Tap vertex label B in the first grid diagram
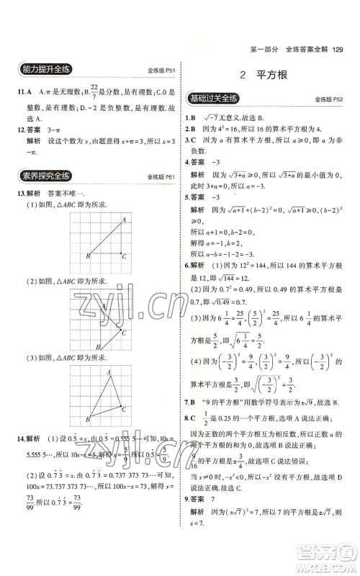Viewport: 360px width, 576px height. click(x=87, y=256)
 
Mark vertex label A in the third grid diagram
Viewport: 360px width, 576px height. click(x=107, y=372)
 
